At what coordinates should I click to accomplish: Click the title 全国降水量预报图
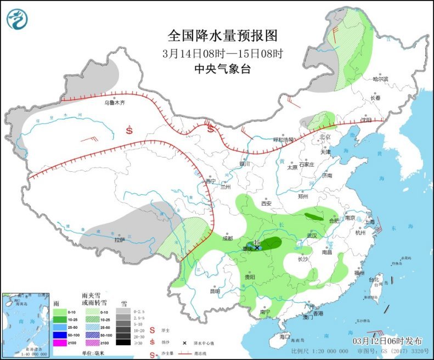tap(222, 36)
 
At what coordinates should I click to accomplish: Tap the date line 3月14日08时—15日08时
tap(222, 54)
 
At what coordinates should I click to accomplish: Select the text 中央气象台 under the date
tap(222, 69)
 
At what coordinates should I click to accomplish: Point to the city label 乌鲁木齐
tap(115, 103)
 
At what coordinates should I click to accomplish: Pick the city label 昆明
tap(216, 291)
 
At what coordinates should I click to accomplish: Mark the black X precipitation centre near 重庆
tap(257, 248)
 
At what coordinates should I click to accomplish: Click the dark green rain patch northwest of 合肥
tap(314, 216)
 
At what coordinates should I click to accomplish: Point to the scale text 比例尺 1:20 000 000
tap(319, 351)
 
